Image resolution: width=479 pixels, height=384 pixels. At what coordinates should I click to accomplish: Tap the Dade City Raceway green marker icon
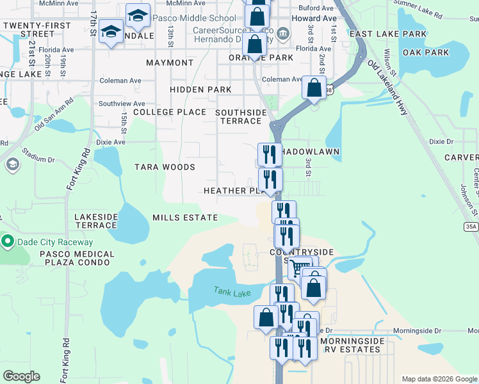pos(8,242)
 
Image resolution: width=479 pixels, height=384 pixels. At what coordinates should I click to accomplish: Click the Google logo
pos(21,376)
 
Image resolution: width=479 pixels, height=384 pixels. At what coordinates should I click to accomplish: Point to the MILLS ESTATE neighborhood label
pos(185,218)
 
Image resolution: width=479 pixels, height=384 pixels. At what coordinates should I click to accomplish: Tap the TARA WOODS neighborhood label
pos(165,167)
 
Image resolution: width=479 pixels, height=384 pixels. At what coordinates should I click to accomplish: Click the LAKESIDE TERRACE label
pos(95,221)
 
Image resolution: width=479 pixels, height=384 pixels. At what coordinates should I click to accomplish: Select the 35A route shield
pos(472,227)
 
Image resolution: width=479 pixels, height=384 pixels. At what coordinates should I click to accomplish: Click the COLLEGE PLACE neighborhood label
pos(170,112)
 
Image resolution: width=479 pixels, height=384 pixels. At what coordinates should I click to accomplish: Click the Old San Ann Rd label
pos(54,113)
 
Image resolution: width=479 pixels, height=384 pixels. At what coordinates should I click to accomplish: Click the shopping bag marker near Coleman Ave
pos(314,88)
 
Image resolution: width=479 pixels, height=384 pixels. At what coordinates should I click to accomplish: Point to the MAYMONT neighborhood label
pos(170,63)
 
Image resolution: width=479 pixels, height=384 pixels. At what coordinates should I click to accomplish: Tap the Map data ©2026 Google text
pos(439,378)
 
